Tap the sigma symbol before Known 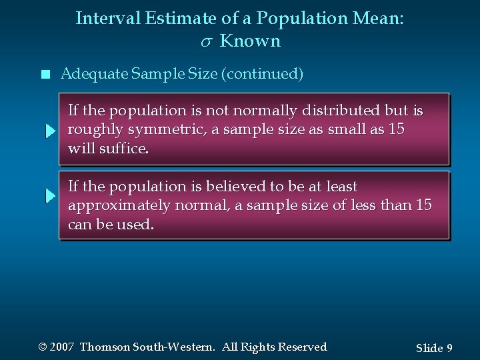pos(205,42)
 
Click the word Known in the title pos(250,41)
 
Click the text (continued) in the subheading pos(265,74)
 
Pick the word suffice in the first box pos(123,148)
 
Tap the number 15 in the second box pos(423,205)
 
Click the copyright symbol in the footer pos(43,347)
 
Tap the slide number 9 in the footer pos(450,348)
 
